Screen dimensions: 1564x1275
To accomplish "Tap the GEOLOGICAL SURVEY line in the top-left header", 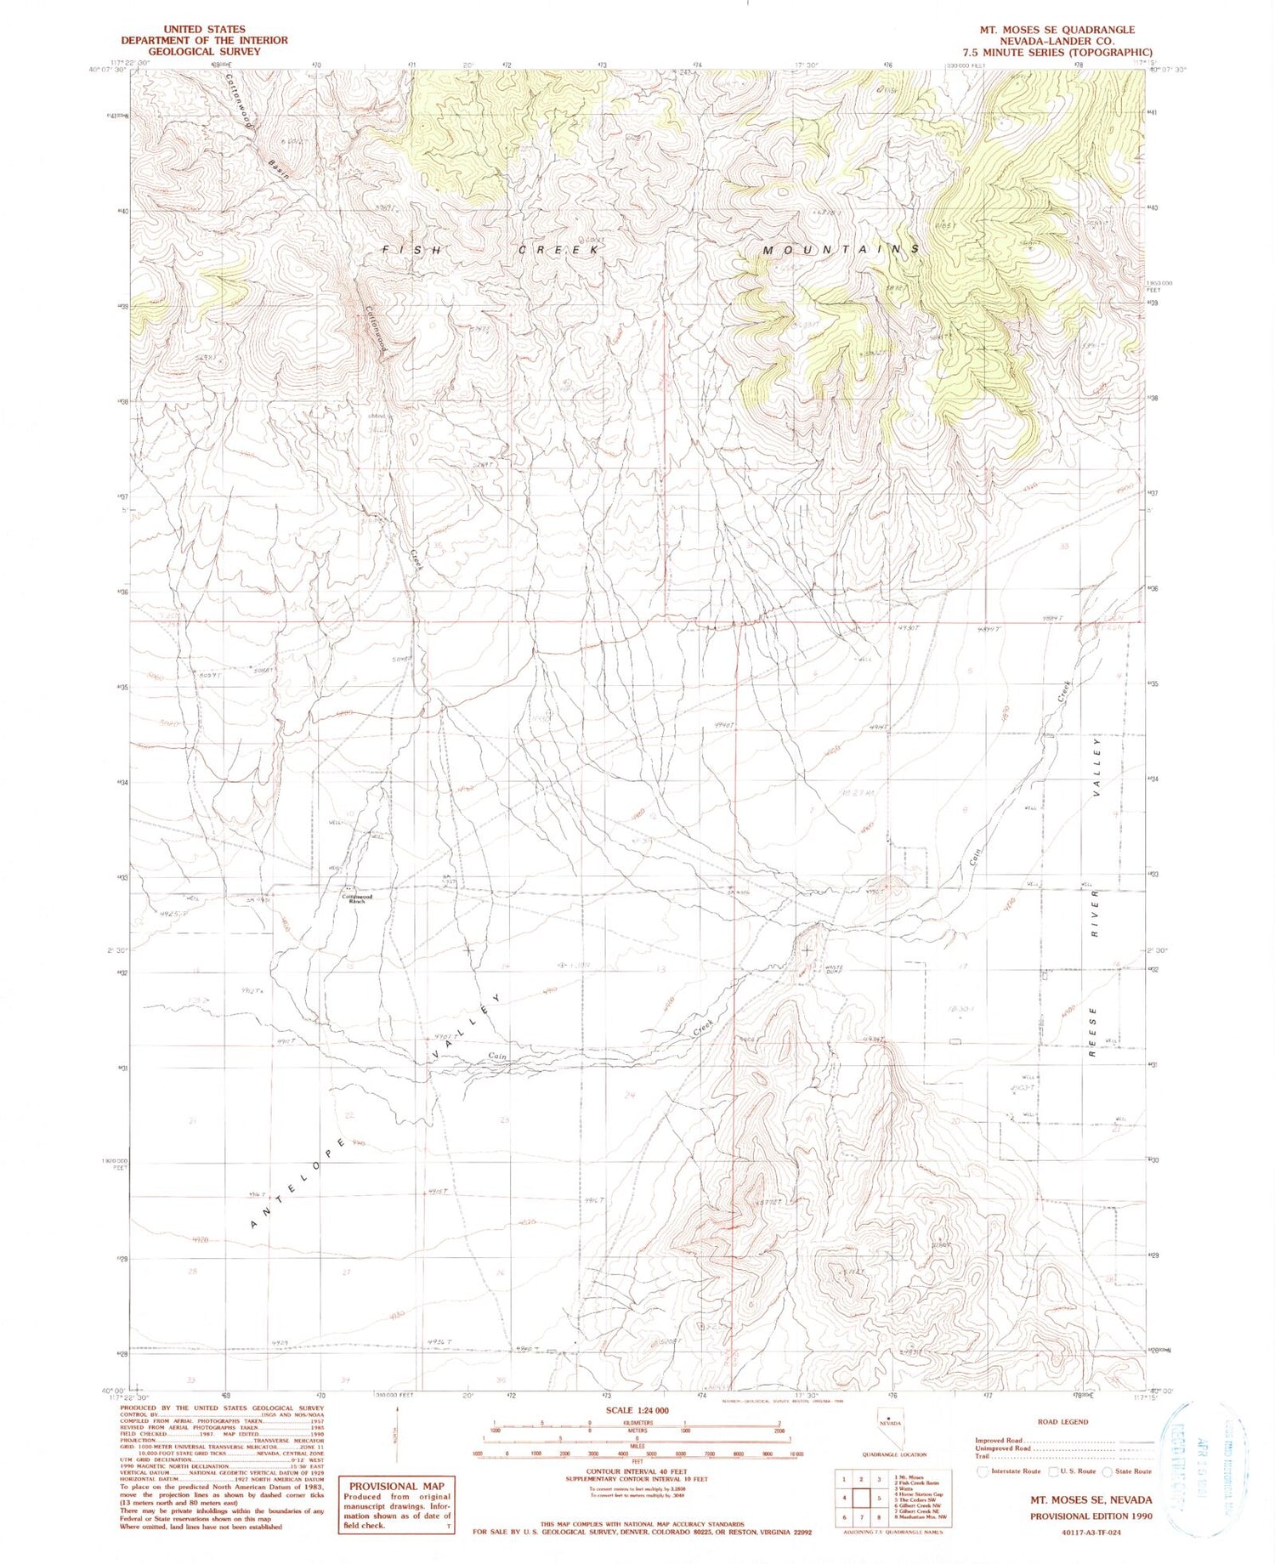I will pyautogui.click(x=204, y=51).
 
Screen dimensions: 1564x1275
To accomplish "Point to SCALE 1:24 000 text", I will pyautogui.click(x=637, y=1410).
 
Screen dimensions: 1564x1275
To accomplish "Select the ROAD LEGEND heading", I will pyautogui.click(x=1062, y=1421).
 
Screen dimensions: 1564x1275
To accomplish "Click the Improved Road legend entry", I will pyautogui.click(x=999, y=1441).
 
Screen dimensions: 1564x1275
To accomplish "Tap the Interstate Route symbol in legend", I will pyautogui.click(x=983, y=1471).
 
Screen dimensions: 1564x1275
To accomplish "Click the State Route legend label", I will pyautogui.click(x=1133, y=1471).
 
